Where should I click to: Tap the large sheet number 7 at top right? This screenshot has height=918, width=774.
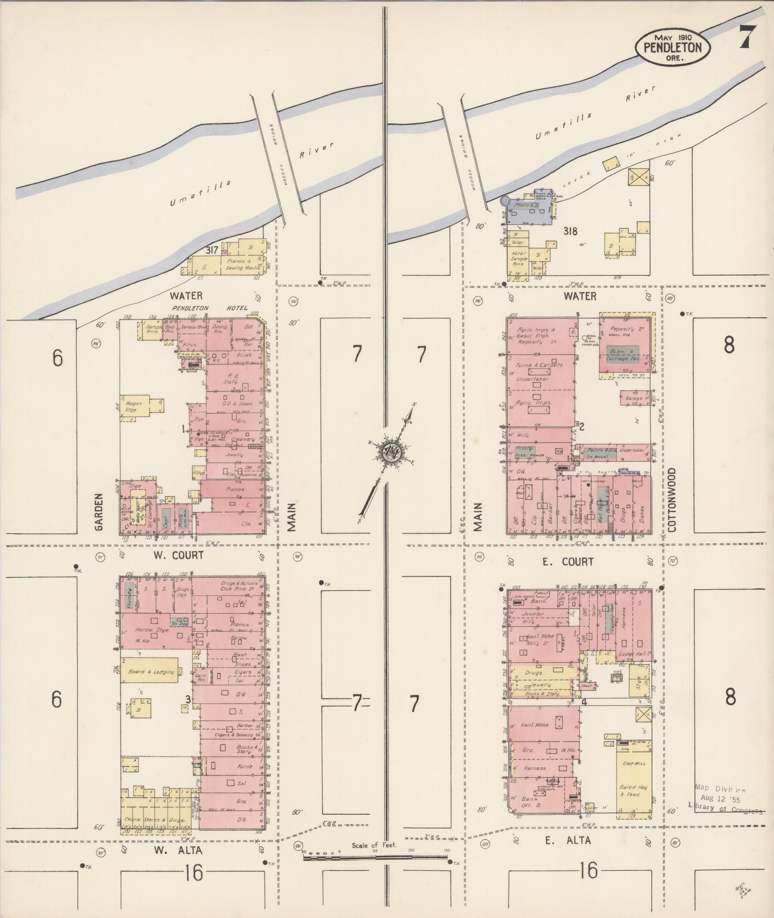(x=746, y=36)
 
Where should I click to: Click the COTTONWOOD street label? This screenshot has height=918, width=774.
(x=671, y=500)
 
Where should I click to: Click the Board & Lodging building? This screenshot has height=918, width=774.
(x=151, y=672)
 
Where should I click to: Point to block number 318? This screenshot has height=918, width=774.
(x=571, y=231)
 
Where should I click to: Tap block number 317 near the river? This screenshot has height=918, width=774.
(x=212, y=250)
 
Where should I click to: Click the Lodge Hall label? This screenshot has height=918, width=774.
(x=632, y=654)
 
